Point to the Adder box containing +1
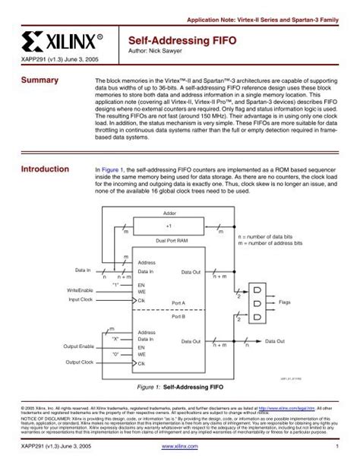169,226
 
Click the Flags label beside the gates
285,302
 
